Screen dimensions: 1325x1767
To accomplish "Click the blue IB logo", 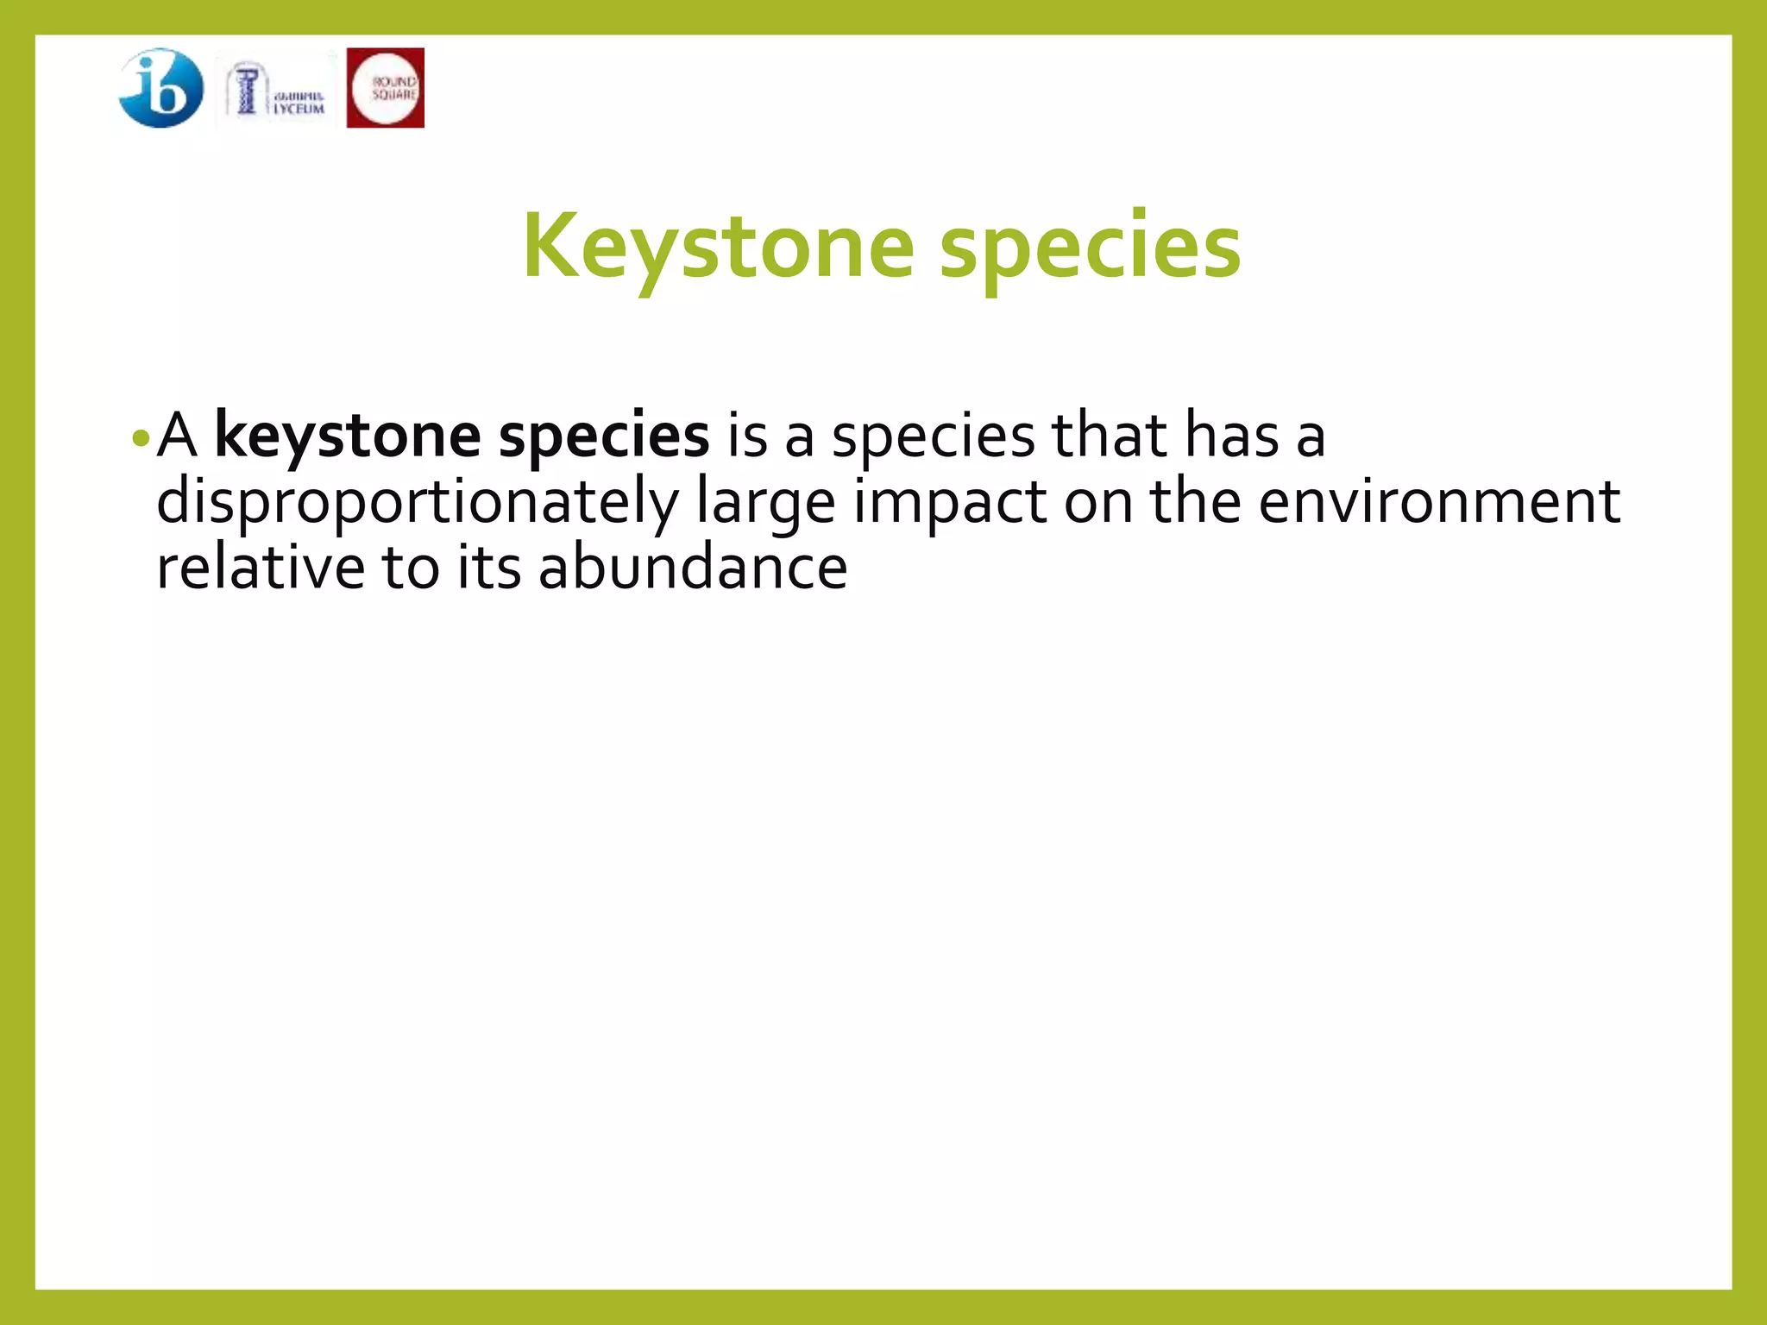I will [x=161, y=88].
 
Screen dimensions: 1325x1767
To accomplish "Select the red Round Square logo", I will [x=385, y=88].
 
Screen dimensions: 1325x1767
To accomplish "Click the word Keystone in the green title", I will [x=718, y=248].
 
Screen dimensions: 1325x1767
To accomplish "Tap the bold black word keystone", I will [x=347, y=436].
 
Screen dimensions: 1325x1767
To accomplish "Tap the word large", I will [x=766, y=503].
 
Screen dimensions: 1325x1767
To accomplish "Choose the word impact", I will [x=950, y=503].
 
